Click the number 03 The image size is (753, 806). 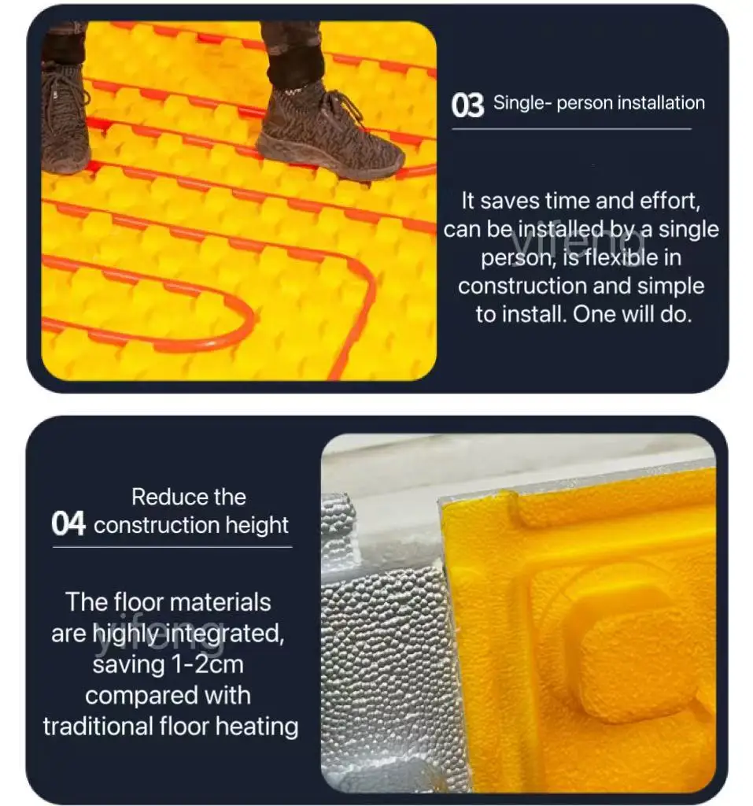coord(467,105)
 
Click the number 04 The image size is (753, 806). coord(68,524)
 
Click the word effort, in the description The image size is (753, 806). coord(663,201)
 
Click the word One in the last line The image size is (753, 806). coord(593,314)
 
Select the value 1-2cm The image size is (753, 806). coord(207,665)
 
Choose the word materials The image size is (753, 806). coord(220,603)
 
